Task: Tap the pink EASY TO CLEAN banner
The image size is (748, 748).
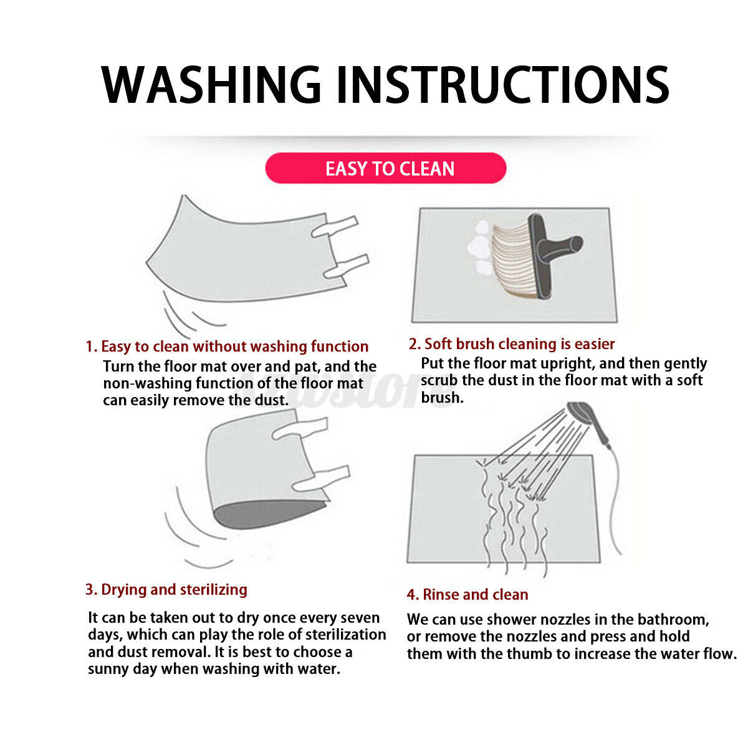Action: coord(385,168)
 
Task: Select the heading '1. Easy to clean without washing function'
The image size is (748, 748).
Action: coord(227,346)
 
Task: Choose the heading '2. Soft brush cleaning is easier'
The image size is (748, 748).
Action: coord(512,344)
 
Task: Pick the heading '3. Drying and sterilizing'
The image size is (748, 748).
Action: coord(166,589)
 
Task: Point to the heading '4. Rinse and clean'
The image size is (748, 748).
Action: coord(467,594)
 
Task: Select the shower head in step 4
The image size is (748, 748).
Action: coord(588,421)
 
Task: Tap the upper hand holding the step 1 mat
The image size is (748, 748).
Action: coord(335,226)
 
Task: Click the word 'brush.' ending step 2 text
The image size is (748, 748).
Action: coord(442,397)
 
